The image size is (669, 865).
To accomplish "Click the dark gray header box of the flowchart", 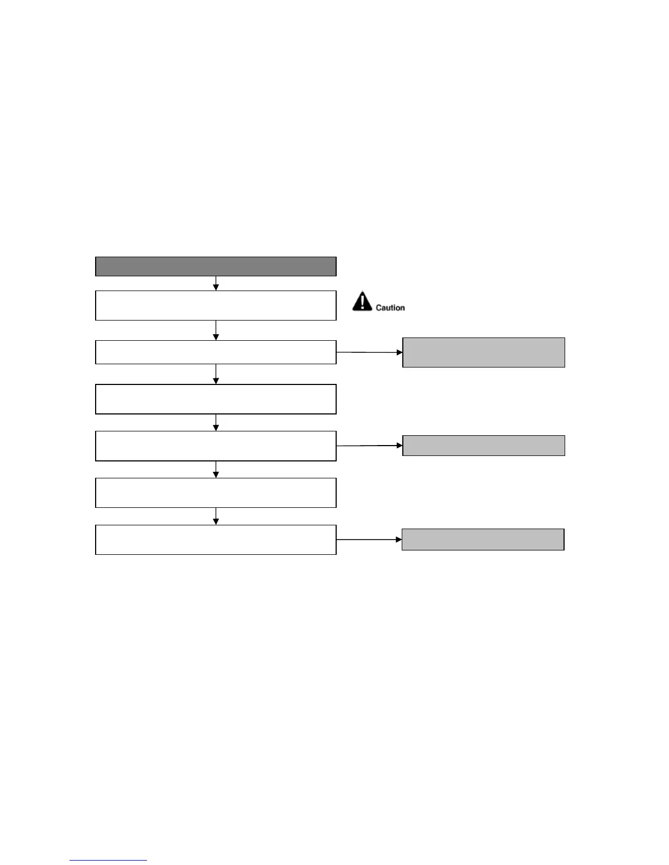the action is click(215, 266).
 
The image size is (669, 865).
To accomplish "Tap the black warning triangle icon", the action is click(362, 301).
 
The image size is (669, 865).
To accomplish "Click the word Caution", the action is click(390, 308).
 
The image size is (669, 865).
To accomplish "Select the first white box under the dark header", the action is click(215, 305).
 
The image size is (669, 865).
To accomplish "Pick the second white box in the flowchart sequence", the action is click(215, 352).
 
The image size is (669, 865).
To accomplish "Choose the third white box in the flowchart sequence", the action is click(215, 399).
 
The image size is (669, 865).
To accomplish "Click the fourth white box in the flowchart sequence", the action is click(215, 446).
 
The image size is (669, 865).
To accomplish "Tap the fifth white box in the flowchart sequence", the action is click(215, 493).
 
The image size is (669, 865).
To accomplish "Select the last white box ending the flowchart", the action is click(215, 540).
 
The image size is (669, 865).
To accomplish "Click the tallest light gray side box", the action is click(483, 352).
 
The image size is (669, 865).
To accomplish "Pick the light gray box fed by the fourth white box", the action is click(483, 446).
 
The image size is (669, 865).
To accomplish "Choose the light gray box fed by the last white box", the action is click(483, 540).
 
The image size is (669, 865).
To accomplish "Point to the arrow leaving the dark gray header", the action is click(216, 283).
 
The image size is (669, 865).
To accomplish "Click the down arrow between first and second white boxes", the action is click(216, 330).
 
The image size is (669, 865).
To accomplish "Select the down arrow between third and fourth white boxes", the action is click(216, 422).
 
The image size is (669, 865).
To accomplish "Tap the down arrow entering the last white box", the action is click(216, 516).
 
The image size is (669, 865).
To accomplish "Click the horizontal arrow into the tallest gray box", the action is click(369, 353).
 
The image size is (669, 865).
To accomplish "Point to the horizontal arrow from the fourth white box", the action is click(369, 446).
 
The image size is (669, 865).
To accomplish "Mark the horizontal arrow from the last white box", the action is click(369, 540).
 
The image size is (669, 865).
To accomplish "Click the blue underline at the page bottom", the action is click(108, 861).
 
